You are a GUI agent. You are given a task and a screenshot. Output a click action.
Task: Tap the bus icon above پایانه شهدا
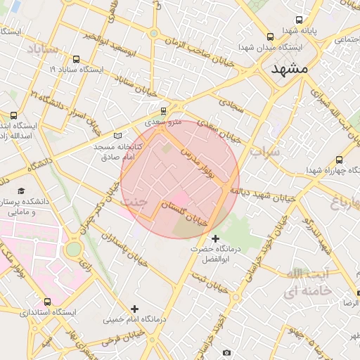[300, 20]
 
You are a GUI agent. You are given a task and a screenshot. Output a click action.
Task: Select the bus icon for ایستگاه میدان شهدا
[270, 37]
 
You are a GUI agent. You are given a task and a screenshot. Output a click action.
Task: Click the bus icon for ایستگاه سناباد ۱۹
[76, 60]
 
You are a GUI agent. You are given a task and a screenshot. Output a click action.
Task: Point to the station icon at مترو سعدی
[164, 110]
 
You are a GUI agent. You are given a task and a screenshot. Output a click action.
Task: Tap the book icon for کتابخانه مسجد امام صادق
[117, 135]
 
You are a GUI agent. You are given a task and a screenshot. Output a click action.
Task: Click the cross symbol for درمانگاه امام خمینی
[134, 309]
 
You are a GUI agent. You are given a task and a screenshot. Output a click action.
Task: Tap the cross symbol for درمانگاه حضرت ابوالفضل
[215, 238]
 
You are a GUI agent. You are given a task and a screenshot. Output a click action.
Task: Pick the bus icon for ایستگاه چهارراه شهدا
[340, 160]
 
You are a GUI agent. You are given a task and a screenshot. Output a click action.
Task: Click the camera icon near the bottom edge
[226, 352]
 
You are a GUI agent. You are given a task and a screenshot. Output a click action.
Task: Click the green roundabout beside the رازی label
[74, 249]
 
